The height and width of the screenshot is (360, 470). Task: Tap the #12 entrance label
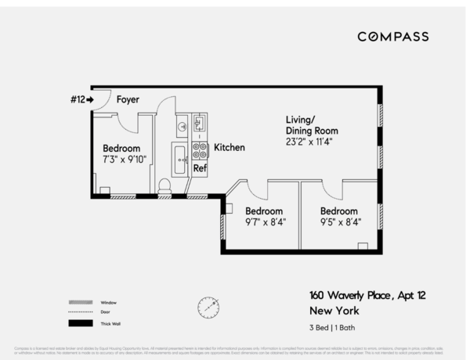point(79,100)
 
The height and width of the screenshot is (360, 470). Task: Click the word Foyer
point(128,100)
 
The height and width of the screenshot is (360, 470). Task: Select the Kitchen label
point(230,147)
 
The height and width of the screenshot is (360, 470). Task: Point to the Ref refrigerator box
point(200,167)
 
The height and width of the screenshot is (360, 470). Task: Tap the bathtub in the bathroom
point(179,160)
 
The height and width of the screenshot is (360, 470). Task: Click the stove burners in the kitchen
point(200,149)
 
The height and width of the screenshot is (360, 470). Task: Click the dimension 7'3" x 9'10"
point(125,159)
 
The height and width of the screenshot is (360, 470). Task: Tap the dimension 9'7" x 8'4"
point(266,222)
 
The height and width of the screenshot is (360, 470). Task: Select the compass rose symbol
point(208,307)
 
